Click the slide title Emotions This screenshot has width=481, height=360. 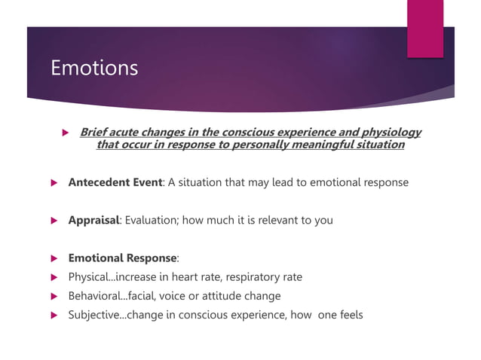click(x=94, y=69)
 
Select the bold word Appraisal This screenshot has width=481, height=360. click(x=93, y=221)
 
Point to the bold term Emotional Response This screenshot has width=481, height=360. click(x=122, y=258)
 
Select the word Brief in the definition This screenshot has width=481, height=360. click(x=93, y=133)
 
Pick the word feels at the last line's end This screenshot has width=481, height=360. click(x=348, y=315)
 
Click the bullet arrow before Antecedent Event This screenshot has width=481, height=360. click(x=53, y=183)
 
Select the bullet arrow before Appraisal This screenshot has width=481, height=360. click(x=53, y=221)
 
